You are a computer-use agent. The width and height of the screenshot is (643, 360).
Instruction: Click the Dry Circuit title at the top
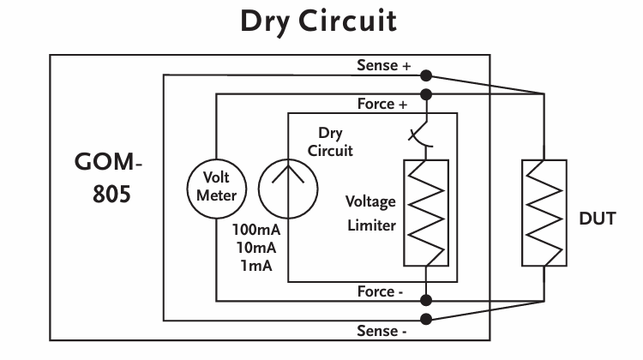pyautogui.click(x=318, y=21)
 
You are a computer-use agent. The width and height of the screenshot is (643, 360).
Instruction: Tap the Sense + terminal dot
pyautogui.click(x=426, y=75)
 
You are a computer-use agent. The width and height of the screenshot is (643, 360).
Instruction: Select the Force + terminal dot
pyautogui.click(x=426, y=95)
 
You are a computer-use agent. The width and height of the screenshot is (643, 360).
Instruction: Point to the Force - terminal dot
pyautogui.click(x=426, y=300)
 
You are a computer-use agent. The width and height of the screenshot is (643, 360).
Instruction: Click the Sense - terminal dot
pyautogui.click(x=426, y=319)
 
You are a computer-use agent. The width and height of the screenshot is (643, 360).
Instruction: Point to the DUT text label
pyautogui.click(x=598, y=219)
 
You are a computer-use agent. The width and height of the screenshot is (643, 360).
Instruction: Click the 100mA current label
pyautogui.click(x=256, y=230)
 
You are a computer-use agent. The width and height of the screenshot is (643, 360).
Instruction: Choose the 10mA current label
pyautogui.click(x=256, y=248)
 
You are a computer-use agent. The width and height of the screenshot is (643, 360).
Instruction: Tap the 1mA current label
pyautogui.click(x=256, y=266)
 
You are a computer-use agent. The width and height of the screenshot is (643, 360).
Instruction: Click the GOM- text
pyautogui.click(x=108, y=162)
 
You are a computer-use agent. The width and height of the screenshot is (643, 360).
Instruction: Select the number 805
pyautogui.click(x=111, y=194)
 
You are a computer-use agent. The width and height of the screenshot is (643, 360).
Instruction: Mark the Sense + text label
pyautogui.click(x=384, y=65)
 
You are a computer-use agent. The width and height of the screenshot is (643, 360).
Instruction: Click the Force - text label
pyautogui.click(x=380, y=291)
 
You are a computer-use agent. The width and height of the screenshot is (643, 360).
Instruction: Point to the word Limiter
pyautogui.click(x=371, y=225)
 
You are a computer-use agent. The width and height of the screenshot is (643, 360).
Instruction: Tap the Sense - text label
pyautogui.click(x=382, y=331)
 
